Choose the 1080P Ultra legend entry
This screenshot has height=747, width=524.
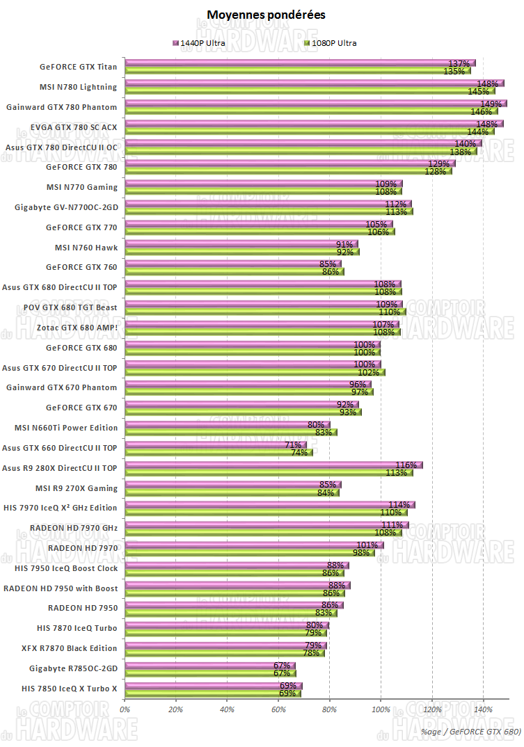(x=331, y=43)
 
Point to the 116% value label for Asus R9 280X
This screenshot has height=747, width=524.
(x=406, y=465)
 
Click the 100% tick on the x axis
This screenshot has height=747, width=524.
(x=381, y=709)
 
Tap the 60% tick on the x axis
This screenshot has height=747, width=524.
(x=278, y=709)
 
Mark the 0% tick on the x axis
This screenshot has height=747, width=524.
(x=125, y=709)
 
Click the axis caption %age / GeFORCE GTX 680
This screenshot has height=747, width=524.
(x=470, y=732)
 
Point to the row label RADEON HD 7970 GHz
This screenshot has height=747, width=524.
(x=74, y=528)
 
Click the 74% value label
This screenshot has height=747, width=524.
(x=299, y=452)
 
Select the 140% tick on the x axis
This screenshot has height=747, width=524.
(x=483, y=709)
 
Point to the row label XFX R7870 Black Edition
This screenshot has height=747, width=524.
(x=70, y=648)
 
